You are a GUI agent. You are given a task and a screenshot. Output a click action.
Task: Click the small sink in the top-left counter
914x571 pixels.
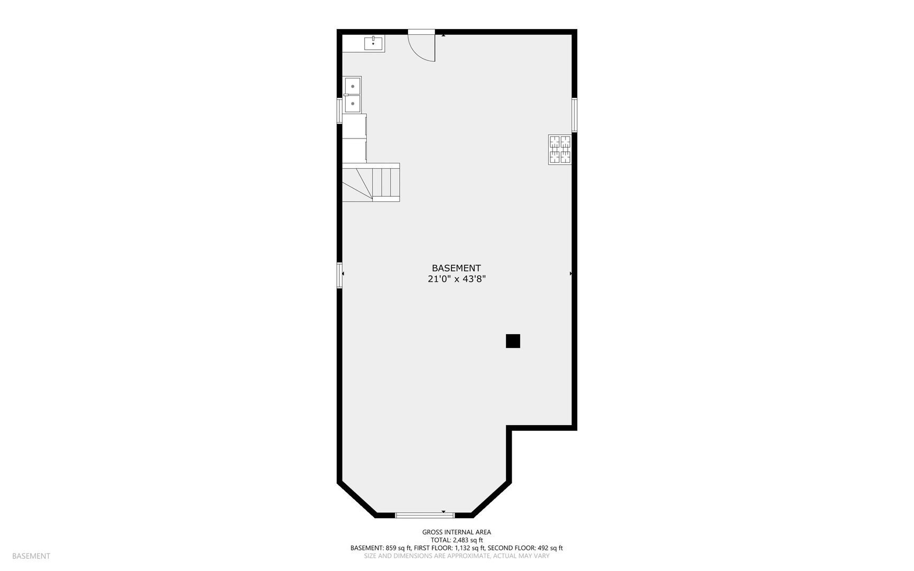click(374, 43)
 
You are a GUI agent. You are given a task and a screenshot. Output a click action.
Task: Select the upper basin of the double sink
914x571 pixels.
click(353, 86)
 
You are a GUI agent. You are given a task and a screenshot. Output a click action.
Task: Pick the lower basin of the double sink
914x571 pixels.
click(353, 104)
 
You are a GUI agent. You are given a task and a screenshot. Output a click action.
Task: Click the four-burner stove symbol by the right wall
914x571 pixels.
click(560, 150)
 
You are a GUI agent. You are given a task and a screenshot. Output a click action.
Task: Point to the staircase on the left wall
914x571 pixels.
click(371, 182)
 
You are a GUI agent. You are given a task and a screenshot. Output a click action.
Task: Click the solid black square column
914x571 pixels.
click(513, 341)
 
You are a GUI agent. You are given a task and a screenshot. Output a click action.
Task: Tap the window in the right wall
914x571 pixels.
click(574, 115)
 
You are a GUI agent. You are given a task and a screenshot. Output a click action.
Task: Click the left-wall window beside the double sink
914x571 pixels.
click(340, 110)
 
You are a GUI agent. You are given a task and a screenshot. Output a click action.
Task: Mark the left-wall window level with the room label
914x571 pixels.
click(340, 275)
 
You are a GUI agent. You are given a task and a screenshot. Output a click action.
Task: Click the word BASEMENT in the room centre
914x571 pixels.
click(456, 268)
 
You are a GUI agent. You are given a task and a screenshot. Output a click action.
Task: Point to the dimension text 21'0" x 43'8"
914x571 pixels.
click(457, 279)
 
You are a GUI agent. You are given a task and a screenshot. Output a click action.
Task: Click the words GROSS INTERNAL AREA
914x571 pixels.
click(457, 532)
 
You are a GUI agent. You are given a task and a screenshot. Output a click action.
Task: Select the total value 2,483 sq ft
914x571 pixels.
click(468, 540)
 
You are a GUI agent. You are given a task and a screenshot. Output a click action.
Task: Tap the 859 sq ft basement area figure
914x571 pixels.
click(397, 548)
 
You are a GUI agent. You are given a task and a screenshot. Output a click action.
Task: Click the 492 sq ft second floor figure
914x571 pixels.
click(550, 548)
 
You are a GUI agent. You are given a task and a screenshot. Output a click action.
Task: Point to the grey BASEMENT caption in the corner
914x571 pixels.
click(31, 556)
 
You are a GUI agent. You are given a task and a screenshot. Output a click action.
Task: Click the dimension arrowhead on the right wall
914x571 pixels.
click(571, 273)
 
